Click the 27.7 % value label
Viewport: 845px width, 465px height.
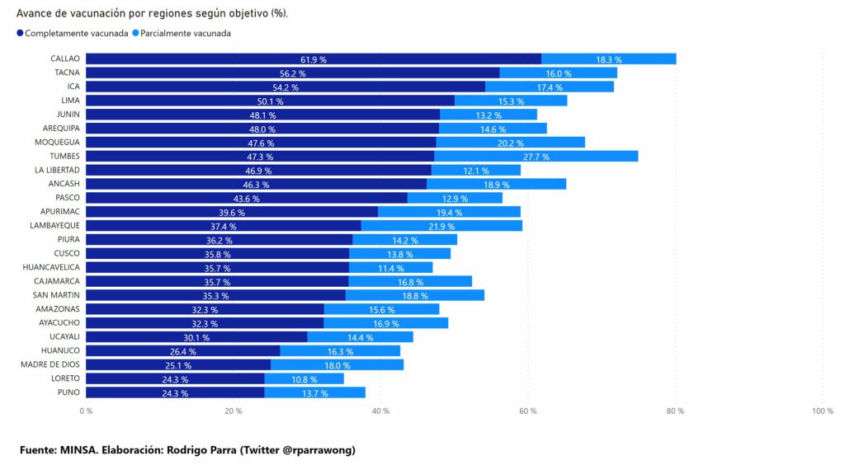point(536,157)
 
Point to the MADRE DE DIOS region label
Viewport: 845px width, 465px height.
point(51,365)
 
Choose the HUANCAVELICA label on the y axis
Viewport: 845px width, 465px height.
point(51,268)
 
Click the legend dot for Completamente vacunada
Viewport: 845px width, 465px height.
point(20,34)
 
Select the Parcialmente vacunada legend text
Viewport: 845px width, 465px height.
point(186,34)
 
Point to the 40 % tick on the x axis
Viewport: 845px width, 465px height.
point(380,411)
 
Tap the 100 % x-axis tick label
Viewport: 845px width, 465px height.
point(823,411)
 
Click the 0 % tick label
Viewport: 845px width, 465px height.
point(86,411)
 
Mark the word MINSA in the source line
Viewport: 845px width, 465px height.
point(80,449)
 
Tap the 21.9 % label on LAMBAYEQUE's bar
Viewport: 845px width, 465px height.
point(441,226)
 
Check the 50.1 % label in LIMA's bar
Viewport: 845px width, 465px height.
point(270,101)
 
